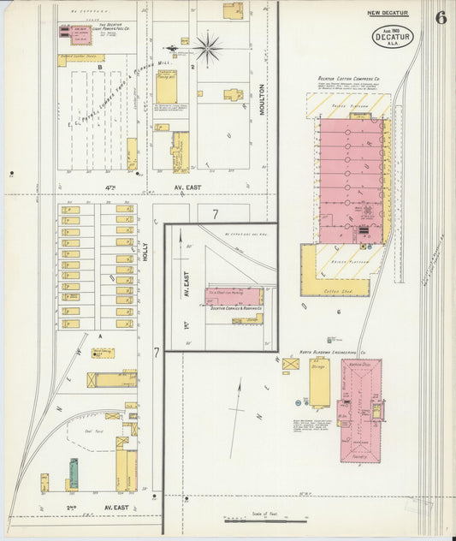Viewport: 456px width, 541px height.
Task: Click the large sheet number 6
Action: [439, 18]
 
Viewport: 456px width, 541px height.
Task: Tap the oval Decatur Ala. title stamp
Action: [389, 38]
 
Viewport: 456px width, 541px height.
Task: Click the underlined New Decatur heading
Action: [388, 13]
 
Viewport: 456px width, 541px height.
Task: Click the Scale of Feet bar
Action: [265, 518]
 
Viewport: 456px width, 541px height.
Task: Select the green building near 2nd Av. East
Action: [74, 473]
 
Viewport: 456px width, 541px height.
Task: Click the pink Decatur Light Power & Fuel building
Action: [75, 33]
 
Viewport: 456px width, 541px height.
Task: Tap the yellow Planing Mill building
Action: [166, 92]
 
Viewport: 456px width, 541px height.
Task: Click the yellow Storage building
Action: [319, 381]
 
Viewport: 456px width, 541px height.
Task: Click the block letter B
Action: [100, 66]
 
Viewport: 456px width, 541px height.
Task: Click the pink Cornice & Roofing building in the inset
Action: [234, 296]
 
